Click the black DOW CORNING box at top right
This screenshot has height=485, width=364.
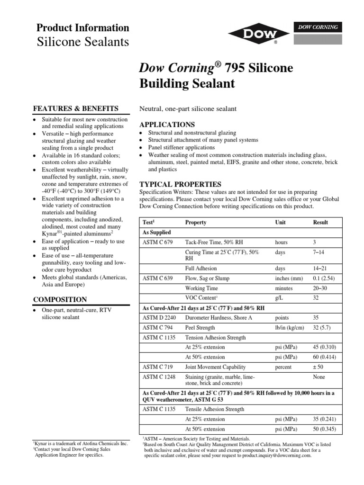[318, 27]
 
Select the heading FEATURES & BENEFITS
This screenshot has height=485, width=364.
[75, 108]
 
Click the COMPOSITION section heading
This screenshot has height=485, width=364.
[59, 299]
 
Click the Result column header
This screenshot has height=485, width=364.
[320, 222]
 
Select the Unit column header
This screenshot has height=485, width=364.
[281, 222]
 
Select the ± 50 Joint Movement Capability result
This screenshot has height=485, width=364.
[319, 367]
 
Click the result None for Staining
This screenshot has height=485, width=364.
[319, 377]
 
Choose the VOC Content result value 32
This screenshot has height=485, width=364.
[316, 298]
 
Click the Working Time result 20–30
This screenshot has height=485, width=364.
[320, 288]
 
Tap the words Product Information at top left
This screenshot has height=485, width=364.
[83, 27]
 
